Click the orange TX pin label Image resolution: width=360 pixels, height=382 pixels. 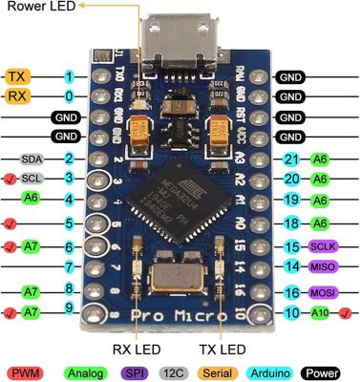16,76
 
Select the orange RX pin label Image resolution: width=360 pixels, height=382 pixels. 16,96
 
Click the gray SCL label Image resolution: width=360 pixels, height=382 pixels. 32,179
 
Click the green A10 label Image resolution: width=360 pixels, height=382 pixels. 320,312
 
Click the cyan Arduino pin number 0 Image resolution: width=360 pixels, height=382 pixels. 69,96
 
